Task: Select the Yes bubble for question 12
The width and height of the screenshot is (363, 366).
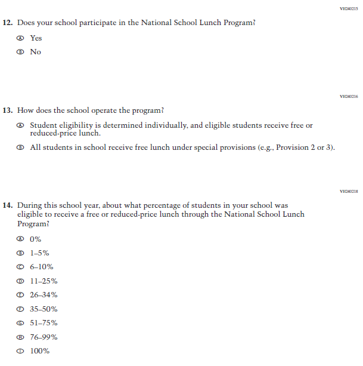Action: (21, 38)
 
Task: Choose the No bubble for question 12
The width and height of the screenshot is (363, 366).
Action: (21, 52)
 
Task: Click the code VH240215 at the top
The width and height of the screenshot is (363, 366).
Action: (348, 8)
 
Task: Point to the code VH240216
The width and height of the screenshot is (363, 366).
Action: (348, 96)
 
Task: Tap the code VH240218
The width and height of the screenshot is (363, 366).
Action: (348, 191)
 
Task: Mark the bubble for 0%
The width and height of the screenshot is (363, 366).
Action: (21, 239)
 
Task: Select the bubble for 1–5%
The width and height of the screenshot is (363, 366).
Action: (21, 253)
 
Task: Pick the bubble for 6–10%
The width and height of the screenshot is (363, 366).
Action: (21, 267)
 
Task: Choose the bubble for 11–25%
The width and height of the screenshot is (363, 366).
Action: (21, 281)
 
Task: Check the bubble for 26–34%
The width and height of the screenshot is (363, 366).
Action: (21, 295)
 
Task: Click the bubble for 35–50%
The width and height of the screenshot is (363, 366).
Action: (21, 309)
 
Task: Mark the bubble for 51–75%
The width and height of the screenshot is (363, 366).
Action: (21, 323)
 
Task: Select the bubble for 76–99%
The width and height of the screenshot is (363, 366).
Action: (21, 337)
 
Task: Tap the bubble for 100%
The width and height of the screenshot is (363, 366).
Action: (21, 351)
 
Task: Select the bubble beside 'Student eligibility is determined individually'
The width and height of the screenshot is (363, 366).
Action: (21, 126)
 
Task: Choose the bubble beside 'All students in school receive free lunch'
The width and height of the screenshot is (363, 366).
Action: (21, 147)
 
